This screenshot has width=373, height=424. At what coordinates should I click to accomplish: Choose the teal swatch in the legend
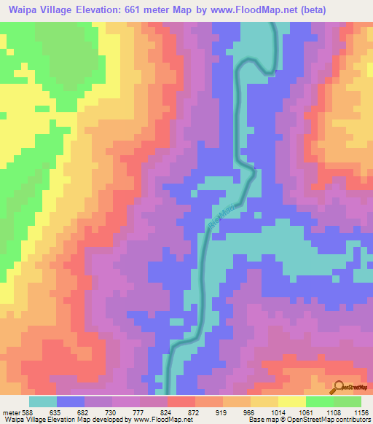point(43,401)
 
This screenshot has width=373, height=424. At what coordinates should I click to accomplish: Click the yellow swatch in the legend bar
point(292,401)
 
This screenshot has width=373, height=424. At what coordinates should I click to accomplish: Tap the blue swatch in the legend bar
point(71,401)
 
